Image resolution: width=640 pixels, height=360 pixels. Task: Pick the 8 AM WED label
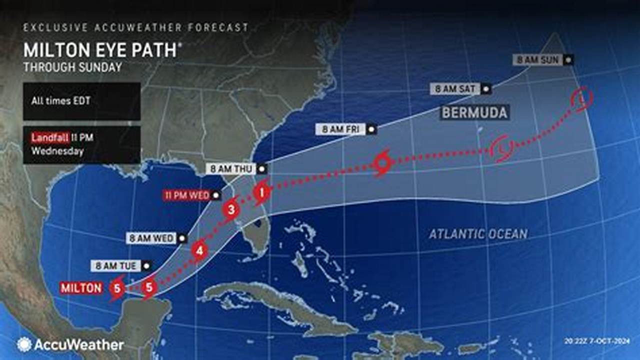coord(151,238)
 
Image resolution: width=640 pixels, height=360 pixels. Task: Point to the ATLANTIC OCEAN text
coord(478,233)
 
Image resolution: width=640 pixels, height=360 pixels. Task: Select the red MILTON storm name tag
coord(81,288)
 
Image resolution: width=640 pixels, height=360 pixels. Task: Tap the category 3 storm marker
coord(231,209)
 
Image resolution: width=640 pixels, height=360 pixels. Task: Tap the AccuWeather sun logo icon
coord(24,344)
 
